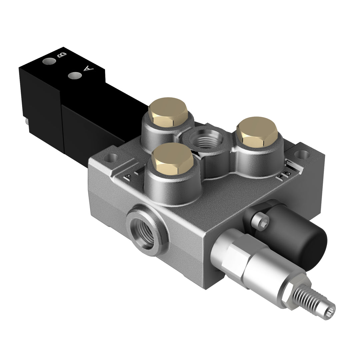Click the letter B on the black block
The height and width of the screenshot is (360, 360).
(x=62, y=55)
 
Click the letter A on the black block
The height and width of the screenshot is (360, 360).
(x=88, y=69)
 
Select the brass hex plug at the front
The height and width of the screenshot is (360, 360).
(x=172, y=159)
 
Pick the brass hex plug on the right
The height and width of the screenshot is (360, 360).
(x=259, y=131)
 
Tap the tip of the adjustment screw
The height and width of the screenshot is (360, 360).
(x=330, y=307)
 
